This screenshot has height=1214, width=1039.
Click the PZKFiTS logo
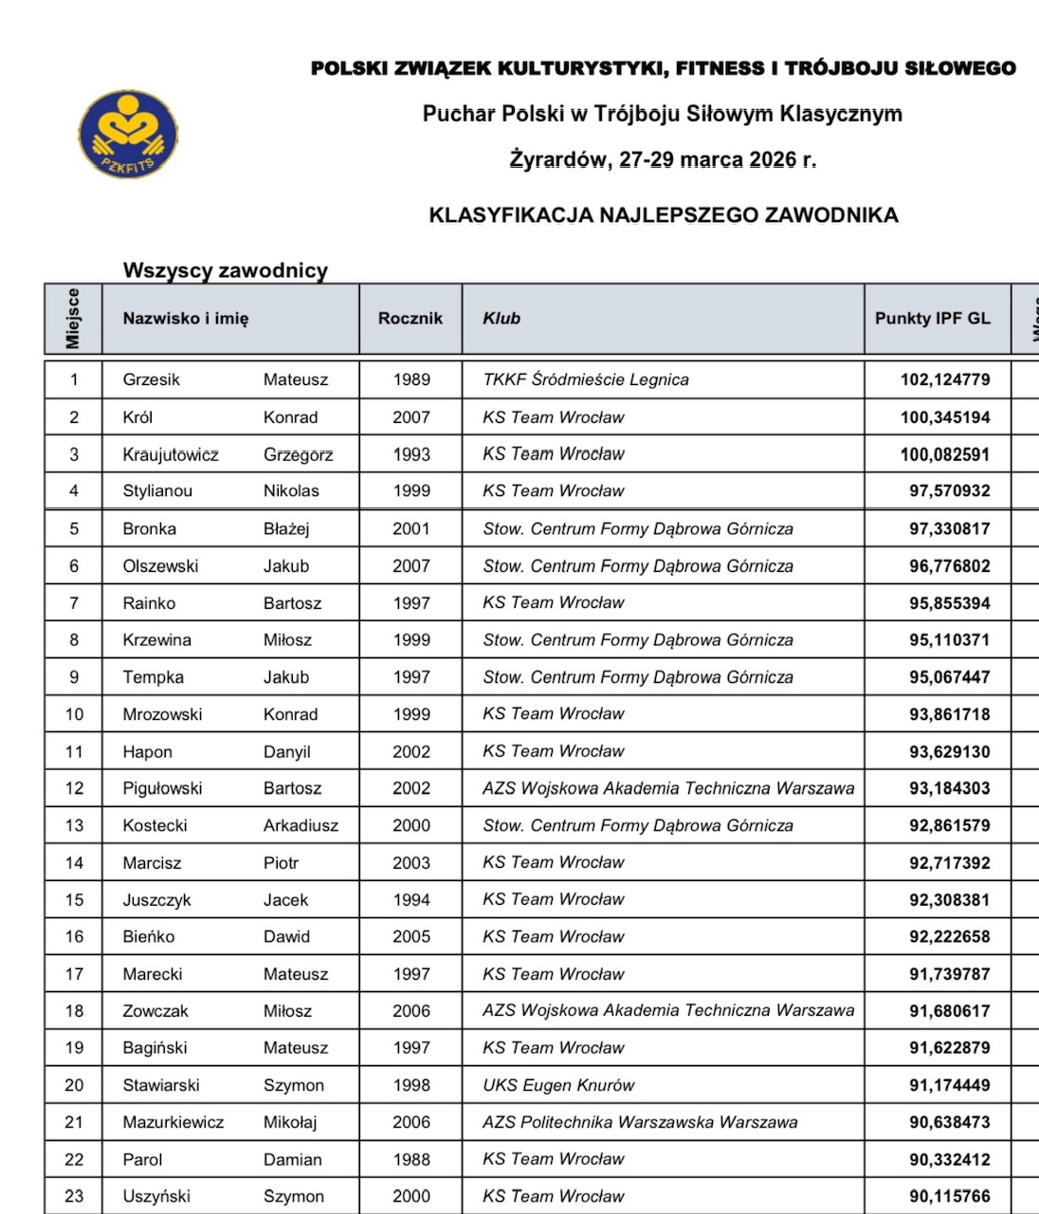click(128, 135)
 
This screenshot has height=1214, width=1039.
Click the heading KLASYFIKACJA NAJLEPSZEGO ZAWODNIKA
click(664, 215)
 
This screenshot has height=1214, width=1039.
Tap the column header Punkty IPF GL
click(932, 319)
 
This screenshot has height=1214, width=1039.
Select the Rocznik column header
click(410, 319)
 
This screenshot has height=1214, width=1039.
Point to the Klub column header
click(501, 319)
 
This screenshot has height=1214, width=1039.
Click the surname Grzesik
click(151, 379)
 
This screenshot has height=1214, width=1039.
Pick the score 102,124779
click(944, 379)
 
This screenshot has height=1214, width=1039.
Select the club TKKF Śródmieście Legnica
click(585, 379)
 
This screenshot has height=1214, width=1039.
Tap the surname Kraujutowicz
click(171, 454)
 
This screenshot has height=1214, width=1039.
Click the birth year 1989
click(410, 379)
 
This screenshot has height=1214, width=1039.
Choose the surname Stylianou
click(157, 491)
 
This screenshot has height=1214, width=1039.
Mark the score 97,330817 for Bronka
click(949, 529)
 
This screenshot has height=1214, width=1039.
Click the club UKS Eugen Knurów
click(558, 1085)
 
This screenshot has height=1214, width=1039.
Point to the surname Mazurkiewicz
click(173, 1122)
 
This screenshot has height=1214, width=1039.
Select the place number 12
click(74, 788)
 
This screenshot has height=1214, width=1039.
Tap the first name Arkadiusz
click(301, 825)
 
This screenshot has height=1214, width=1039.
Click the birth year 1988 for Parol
click(410, 1159)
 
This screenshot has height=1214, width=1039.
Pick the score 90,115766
click(949, 1196)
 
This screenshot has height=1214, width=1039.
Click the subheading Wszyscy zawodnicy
click(226, 270)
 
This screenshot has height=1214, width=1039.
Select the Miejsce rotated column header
click(73, 319)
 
